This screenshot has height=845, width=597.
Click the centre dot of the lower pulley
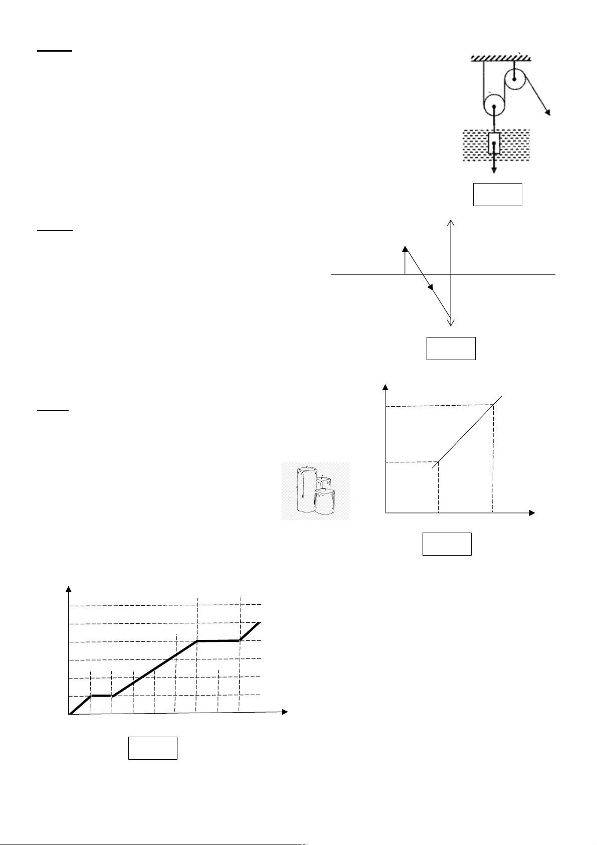point(495,107)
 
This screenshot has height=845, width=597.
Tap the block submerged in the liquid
point(494,143)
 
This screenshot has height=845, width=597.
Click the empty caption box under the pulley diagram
point(498,195)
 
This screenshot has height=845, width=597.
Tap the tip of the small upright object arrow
point(405,248)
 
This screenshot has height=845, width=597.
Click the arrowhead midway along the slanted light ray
point(430,286)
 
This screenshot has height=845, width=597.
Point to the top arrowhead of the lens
point(452,222)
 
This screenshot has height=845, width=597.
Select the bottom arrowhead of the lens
point(452,322)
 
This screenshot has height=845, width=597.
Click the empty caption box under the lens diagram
point(451,349)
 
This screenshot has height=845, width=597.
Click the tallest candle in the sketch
point(305,489)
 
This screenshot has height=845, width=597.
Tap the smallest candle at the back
point(323,482)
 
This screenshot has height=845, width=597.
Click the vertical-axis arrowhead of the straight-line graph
point(385,387)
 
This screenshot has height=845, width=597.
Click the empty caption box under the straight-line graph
point(447,544)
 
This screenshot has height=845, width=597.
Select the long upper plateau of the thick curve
point(219,641)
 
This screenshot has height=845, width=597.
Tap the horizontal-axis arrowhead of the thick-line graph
point(285,712)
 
